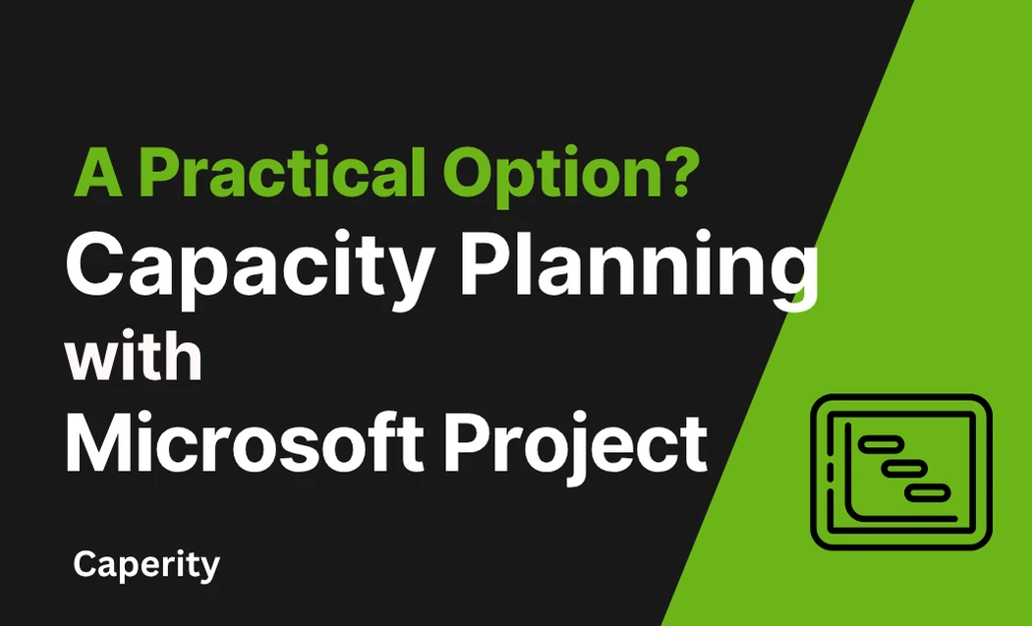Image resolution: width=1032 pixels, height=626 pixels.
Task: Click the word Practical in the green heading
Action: click(x=282, y=172)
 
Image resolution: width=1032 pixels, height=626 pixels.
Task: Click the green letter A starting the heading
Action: click(x=98, y=173)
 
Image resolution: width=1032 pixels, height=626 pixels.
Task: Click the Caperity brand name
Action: click(x=146, y=565)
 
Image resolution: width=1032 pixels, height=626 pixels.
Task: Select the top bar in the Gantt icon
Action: click(x=878, y=444)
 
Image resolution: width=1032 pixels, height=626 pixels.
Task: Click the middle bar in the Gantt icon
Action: click(x=903, y=469)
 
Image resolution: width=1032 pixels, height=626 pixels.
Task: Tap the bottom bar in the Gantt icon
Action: click(x=927, y=492)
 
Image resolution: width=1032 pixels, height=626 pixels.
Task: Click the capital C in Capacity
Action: click(x=92, y=264)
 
